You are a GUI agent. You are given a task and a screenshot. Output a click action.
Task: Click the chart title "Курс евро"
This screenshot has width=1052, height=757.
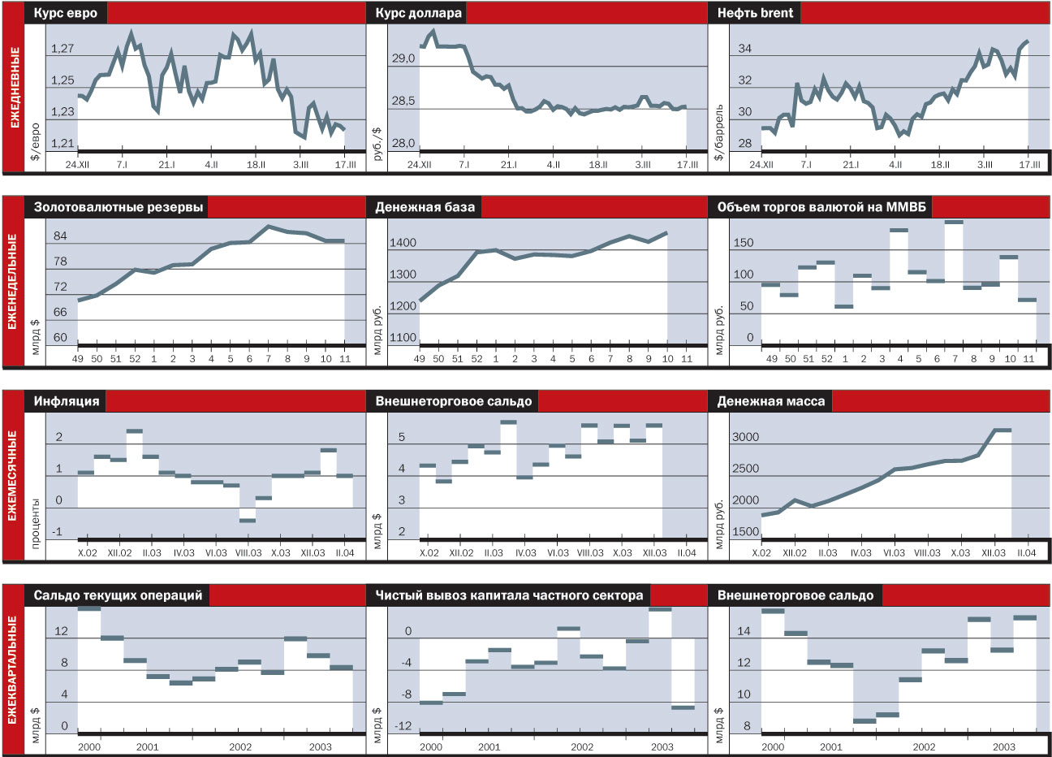coord(66,13)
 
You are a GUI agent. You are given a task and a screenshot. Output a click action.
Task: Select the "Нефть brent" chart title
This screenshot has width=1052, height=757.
coord(754,13)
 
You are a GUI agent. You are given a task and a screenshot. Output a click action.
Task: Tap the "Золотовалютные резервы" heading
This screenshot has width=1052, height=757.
coord(119,207)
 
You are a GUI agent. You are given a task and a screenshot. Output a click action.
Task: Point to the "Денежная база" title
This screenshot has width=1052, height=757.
coord(425,207)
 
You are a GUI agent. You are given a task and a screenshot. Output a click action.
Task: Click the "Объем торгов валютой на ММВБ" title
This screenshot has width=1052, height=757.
coord(821,207)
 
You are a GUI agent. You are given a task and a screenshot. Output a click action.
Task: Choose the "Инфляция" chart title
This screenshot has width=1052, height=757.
coord(67,400)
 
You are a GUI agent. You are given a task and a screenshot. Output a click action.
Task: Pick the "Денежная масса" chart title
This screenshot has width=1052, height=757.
coord(770,400)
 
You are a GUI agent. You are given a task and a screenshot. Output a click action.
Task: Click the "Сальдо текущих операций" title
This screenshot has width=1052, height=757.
coord(118,595)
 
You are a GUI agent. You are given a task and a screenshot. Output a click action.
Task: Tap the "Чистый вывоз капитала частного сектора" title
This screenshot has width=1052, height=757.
coord(509,595)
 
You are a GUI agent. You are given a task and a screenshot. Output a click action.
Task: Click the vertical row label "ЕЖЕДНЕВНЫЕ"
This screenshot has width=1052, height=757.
coord(14,87)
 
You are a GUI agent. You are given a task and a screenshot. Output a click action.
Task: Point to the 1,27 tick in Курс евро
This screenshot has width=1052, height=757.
coord(63,49)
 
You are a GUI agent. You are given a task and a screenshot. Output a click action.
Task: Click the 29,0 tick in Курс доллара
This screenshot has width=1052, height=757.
coord(403,58)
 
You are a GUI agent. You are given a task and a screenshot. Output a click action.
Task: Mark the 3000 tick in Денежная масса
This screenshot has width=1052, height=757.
coord(746,437)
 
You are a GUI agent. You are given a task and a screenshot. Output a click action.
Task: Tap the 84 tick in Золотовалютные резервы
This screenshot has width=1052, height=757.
coord(60,236)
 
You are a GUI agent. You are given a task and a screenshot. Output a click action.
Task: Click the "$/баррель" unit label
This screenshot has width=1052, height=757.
coord(718,132)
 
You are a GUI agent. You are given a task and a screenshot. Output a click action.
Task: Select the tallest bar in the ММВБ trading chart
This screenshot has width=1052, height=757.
coord(954,223)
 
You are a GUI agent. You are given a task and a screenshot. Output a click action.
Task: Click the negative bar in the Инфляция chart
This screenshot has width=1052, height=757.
coord(248,520)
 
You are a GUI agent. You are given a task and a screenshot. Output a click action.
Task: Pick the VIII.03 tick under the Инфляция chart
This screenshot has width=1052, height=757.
coord(248,552)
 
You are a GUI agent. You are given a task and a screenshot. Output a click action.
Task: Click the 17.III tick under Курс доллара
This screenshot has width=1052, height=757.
coord(687,164)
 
